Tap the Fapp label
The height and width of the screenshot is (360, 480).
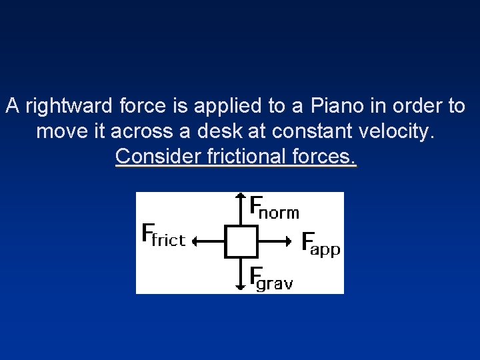[x=321, y=244]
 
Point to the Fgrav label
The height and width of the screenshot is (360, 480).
[x=271, y=278]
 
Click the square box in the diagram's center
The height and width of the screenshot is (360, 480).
[x=241, y=241]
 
